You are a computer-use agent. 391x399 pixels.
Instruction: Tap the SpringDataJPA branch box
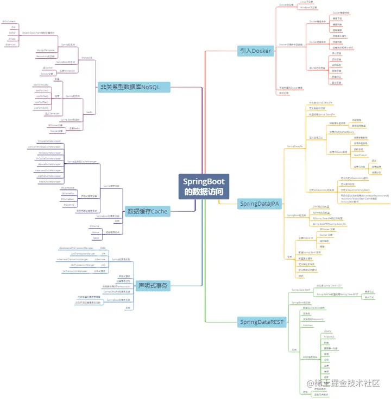click(x=260, y=204)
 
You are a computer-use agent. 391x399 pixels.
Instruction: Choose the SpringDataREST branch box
click(x=262, y=322)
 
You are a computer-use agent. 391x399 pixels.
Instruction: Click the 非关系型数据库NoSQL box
click(x=134, y=87)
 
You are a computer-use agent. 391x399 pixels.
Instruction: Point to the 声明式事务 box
click(x=154, y=285)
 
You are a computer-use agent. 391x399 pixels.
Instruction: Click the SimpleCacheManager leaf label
click(x=49, y=141)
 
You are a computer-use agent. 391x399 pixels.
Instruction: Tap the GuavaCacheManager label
click(x=49, y=164)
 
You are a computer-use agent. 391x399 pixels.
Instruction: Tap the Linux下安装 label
click(x=306, y=2)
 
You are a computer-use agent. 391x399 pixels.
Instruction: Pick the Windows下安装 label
click(x=308, y=8)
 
